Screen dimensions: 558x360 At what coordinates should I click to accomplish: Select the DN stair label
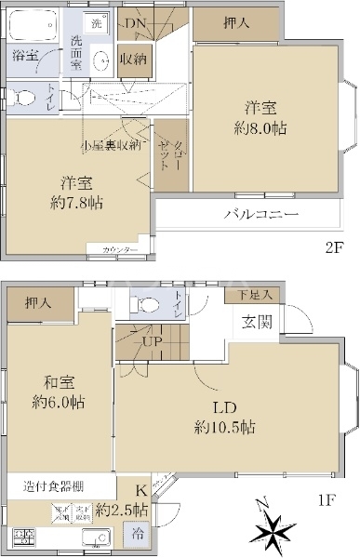(x=136, y=23)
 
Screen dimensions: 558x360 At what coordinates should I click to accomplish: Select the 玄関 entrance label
(x=258, y=322)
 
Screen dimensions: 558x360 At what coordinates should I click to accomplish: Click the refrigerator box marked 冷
(x=137, y=535)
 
